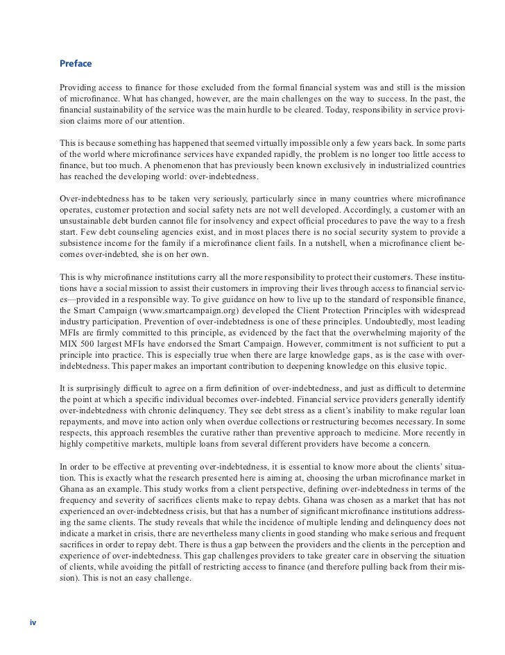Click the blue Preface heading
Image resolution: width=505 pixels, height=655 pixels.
(x=76, y=64)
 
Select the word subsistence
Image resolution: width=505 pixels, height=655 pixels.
(x=84, y=244)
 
